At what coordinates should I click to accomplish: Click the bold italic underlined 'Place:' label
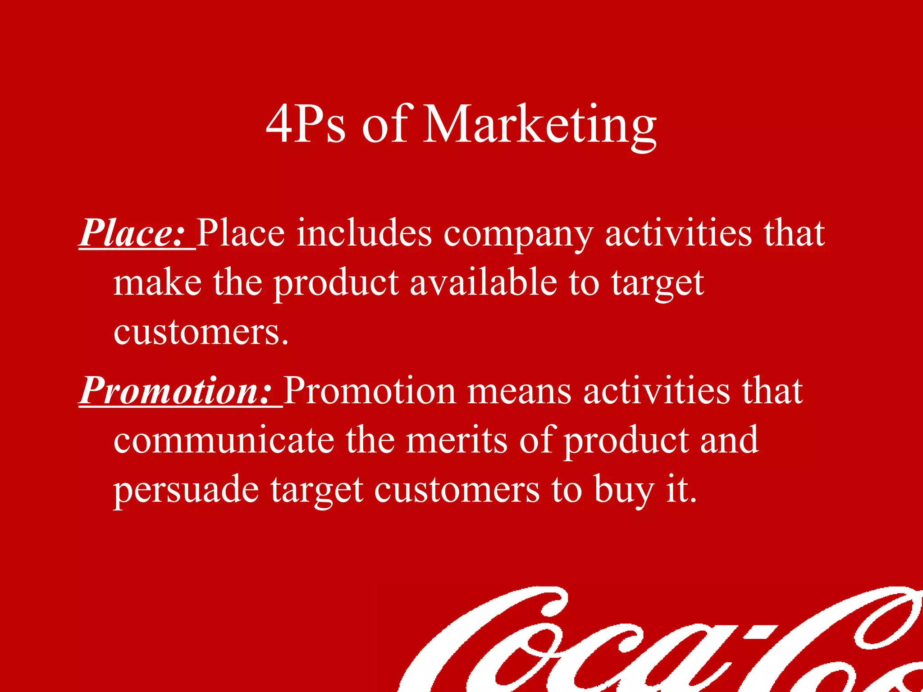(x=133, y=233)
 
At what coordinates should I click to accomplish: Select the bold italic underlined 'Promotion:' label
(x=176, y=391)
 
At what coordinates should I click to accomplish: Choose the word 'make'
(x=157, y=282)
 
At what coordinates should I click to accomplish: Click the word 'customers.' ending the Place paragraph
(x=201, y=332)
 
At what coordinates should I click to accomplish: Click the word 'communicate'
(x=224, y=440)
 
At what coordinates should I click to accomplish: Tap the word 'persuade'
(x=186, y=490)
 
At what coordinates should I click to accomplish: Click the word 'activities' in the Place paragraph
(x=678, y=233)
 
